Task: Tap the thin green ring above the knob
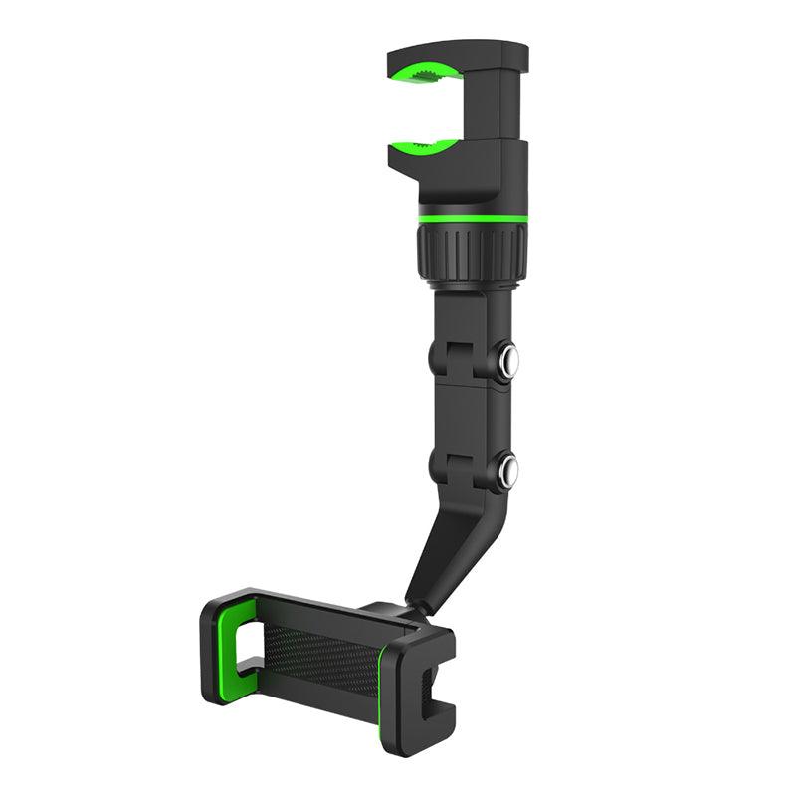pyautogui.click(x=473, y=218)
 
